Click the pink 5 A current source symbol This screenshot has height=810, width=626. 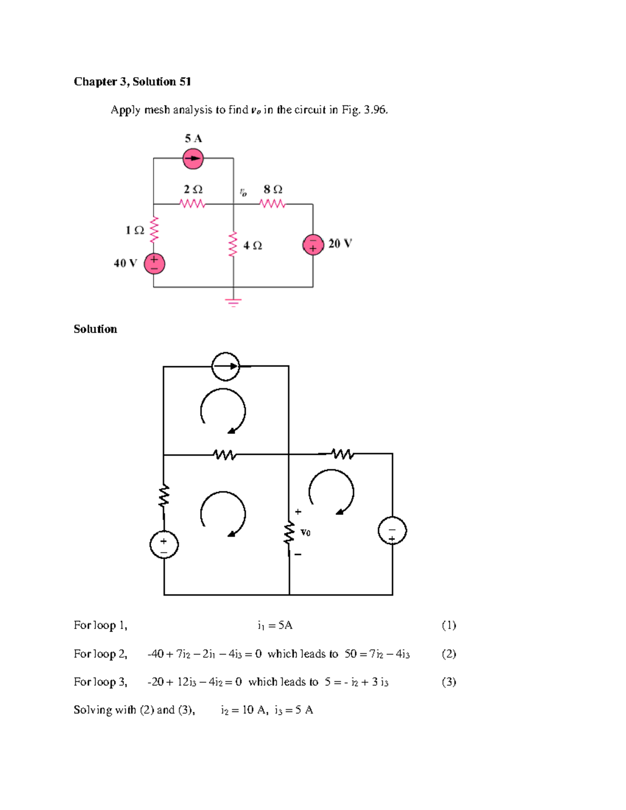193,159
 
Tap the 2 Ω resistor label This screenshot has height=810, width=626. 193,189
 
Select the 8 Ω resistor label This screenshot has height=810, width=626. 273,189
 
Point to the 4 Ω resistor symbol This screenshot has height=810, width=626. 233,245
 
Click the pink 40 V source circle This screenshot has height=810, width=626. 154,264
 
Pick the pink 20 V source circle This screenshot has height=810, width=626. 313,244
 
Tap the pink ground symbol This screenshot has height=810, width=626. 233,302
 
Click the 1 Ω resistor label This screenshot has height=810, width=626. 135,230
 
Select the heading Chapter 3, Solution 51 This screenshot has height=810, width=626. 133,81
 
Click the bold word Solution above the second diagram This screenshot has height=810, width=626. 95,329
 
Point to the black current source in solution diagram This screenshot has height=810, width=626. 225,366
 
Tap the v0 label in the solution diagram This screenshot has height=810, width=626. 306,533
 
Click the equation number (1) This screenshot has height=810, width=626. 449,625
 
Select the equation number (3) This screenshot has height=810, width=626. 449,682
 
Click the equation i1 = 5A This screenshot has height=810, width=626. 275,625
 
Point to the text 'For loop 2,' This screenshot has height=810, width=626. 100,654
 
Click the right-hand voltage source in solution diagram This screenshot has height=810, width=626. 392,531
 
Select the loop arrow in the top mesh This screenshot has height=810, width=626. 223,411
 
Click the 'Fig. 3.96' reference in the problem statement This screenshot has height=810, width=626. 365,110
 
